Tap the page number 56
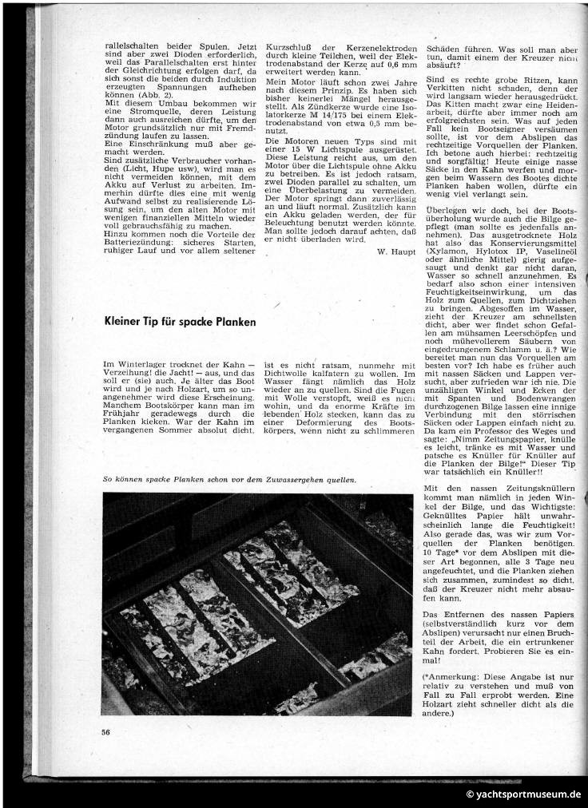[106, 731]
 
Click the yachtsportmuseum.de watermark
[525, 795]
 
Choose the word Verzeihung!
[137, 374]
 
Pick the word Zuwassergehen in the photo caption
[273, 479]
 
